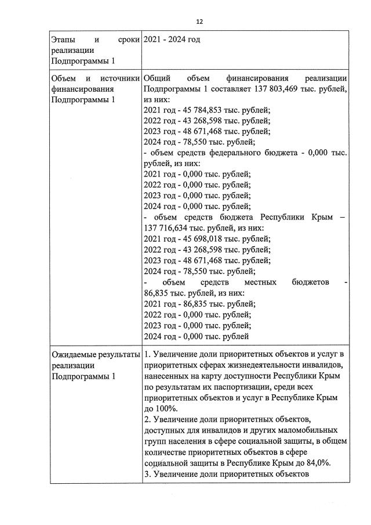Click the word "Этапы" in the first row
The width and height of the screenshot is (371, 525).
[63, 39]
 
